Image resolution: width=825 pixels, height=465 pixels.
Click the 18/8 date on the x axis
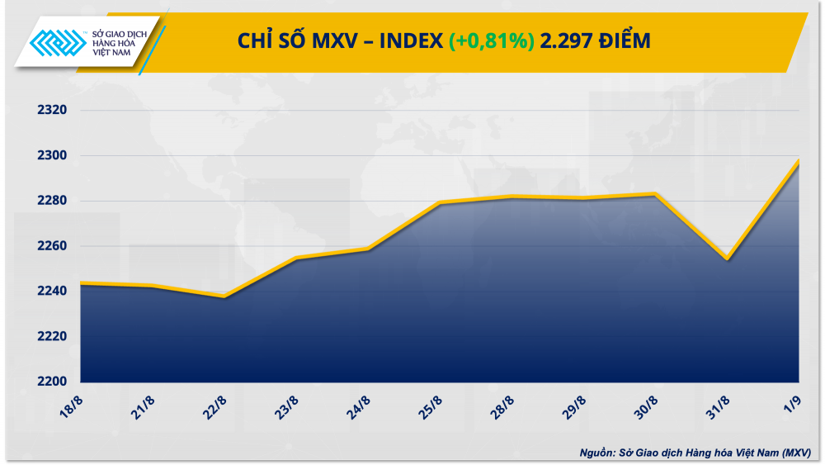[x=73, y=405]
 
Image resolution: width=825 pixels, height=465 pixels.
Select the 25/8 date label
[x=431, y=405]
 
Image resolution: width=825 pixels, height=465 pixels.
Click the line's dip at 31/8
[x=728, y=259]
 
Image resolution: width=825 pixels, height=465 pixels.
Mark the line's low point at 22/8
[x=224, y=296]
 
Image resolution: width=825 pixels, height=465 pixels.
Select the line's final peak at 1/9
[x=799, y=161]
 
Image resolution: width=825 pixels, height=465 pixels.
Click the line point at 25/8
[x=440, y=202]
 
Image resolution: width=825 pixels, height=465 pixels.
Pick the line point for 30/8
[x=656, y=194]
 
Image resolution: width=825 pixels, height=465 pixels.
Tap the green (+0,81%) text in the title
[x=492, y=40]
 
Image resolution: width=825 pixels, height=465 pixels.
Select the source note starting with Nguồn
[x=695, y=452]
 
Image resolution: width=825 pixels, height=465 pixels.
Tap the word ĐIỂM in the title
[x=622, y=40]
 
